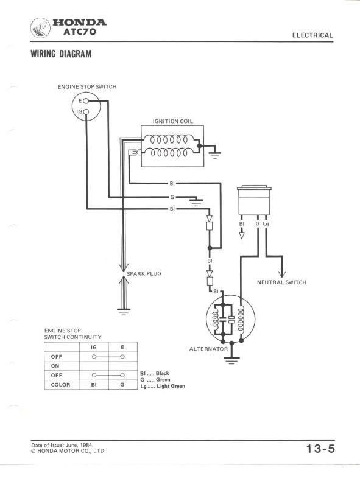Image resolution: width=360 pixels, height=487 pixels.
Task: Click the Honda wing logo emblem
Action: tap(40, 27)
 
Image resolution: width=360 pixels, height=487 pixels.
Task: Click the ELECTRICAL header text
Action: tap(312, 35)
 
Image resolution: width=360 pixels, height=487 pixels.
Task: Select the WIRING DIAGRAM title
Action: tap(61, 54)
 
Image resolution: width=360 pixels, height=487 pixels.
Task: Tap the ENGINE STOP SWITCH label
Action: tap(87, 87)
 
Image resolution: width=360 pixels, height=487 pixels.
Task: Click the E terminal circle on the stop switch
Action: tap(86, 101)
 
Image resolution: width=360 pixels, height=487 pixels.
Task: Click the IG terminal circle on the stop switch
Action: tap(86, 112)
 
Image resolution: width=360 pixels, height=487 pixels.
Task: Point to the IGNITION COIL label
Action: tap(173, 121)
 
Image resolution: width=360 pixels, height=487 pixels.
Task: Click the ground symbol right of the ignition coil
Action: tap(215, 155)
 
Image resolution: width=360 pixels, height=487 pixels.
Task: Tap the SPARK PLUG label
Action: tap(144, 273)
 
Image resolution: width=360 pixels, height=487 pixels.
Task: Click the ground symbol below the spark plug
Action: tap(124, 312)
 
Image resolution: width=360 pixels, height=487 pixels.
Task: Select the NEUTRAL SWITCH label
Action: tap(281, 282)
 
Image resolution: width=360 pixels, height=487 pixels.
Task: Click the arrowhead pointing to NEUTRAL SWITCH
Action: tap(282, 274)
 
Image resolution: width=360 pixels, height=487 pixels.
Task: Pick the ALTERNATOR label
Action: tap(208, 349)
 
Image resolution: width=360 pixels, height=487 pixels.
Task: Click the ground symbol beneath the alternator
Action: tap(231, 360)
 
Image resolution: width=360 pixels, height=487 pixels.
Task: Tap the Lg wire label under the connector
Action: tap(266, 223)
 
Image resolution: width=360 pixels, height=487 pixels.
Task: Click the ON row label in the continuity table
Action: tap(55, 366)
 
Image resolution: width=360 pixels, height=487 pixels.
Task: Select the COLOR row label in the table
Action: tap(60, 385)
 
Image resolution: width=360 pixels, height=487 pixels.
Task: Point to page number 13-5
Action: tap(320, 449)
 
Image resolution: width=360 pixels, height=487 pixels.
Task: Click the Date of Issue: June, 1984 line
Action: tap(62, 445)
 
